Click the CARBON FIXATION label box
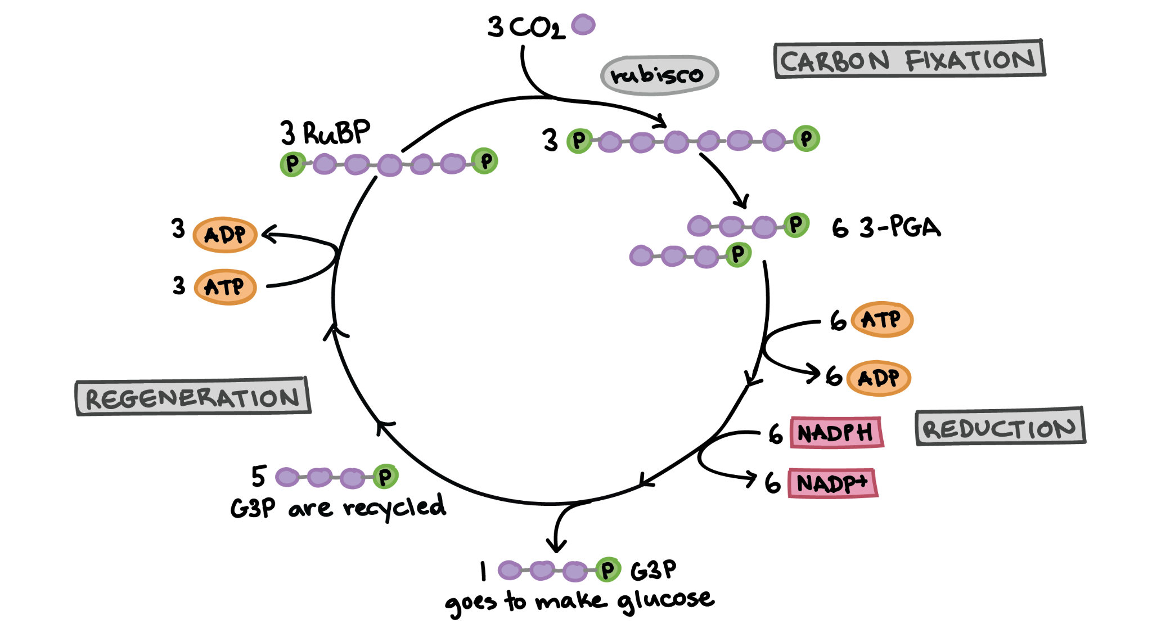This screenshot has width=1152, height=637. click(910, 59)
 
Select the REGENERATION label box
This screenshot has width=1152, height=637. click(193, 397)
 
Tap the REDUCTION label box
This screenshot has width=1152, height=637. click(1000, 427)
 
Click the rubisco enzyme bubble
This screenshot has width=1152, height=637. click(659, 74)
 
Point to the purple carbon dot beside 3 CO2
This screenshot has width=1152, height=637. click(583, 25)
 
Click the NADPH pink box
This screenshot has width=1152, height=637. click(836, 432)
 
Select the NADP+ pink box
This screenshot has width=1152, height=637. click(833, 483)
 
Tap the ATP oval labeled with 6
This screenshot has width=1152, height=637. click(882, 319)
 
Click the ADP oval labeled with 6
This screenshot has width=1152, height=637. click(879, 378)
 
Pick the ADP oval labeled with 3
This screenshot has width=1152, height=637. click(225, 235)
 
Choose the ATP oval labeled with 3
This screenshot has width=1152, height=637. click(225, 287)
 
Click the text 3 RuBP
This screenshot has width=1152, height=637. click(326, 133)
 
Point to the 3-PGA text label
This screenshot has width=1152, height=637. click(900, 227)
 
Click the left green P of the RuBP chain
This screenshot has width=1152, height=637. click(292, 164)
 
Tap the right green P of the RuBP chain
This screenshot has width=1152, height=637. click(485, 161)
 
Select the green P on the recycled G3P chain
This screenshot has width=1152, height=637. click(386, 477)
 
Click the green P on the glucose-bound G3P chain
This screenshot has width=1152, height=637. click(608, 570)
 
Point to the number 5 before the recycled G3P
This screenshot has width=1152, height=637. click(258, 476)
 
